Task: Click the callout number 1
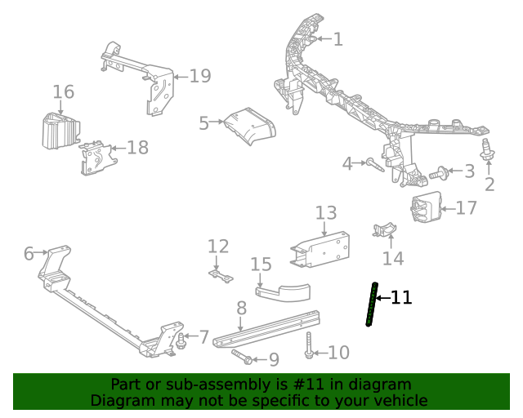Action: (x=337, y=38)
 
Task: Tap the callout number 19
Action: (x=200, y=76)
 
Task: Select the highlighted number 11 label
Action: (x=401, y=298)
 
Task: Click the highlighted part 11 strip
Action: (x=372, y=304)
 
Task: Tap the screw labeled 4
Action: (x=374, y=165)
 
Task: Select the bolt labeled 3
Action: (x=440, y=172)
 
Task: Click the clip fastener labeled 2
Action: (x=489, y=150)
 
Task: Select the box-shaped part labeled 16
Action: (x=60, y=131)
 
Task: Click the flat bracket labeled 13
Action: (x=320, y=244)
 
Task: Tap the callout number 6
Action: (x=29, y=254)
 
